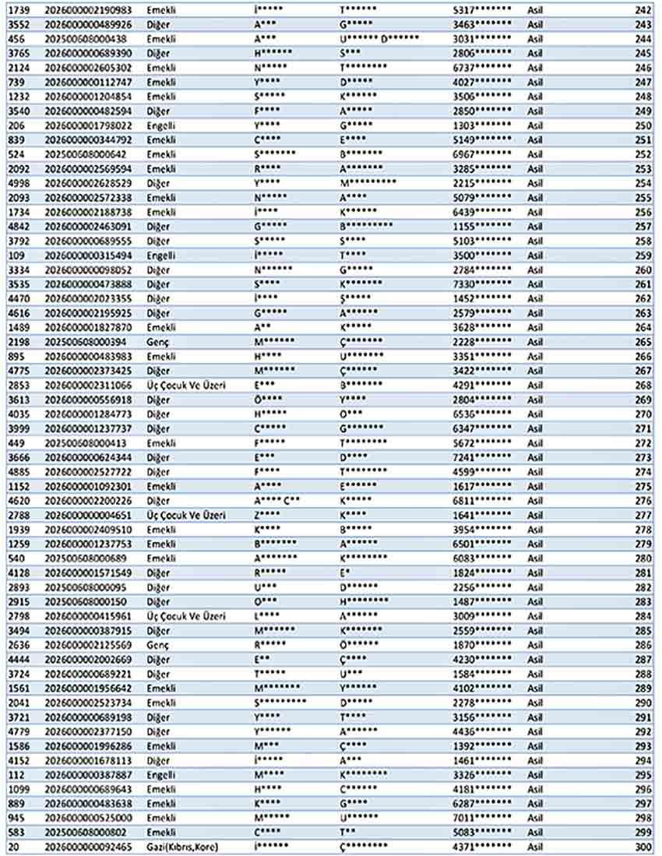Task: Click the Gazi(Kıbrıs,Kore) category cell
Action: (x=182, y=847)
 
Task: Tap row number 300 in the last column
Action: (x=643, y=847)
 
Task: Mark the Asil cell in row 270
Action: (x=535, y=414)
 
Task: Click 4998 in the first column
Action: (x=18, y=183)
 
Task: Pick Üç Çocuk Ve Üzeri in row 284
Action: (x=186, y=616)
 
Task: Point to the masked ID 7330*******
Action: (x=482, y=284)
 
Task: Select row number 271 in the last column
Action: (x=643, y=428)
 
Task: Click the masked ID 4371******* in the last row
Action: (x=482, y=847)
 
